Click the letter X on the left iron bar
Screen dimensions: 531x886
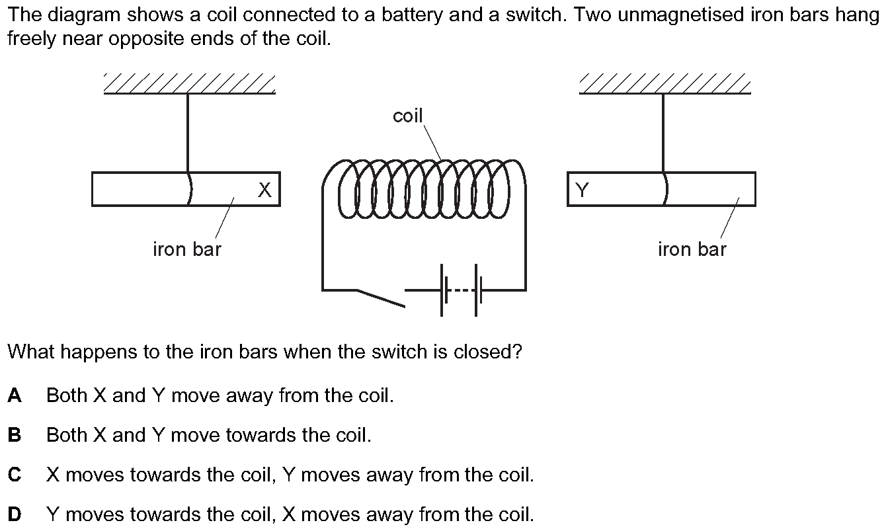(264, 190)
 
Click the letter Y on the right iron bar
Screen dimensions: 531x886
(582, 190)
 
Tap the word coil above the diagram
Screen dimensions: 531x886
(407, 116)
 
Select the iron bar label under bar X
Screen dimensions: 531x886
(187, 249)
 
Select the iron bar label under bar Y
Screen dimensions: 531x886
(692, 249)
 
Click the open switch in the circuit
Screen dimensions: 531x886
(380, 298)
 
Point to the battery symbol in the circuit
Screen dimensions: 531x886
(462, 290)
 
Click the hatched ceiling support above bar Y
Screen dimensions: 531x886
(664, 84)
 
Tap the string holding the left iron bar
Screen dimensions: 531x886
(188, 132)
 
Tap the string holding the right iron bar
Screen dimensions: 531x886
(663, 132)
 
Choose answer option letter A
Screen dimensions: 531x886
(15, 395)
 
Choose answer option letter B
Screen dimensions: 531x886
(15, 435)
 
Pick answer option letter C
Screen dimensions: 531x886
(15, 475)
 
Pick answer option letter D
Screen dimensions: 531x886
(15, 514)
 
